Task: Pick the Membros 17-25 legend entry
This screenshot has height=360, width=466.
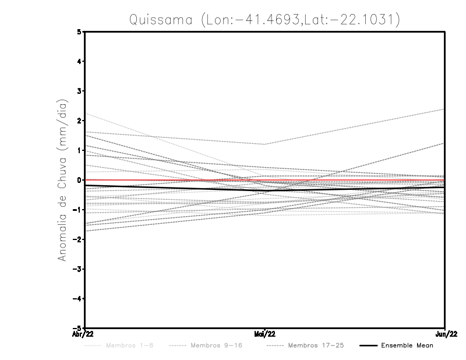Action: click(316, 345)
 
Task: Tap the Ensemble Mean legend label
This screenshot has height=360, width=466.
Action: click(407, 345)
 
